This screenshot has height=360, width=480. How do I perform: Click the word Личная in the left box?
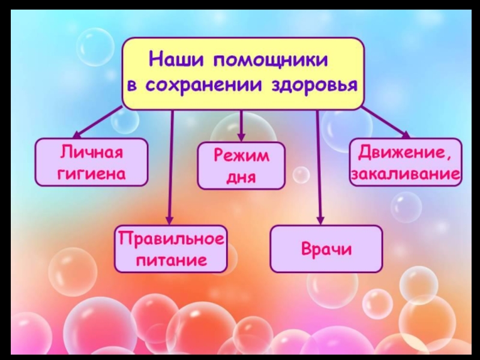click(x=91, y=152)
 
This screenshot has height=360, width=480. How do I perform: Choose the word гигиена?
click(x=91, y=173)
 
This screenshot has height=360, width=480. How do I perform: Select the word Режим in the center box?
click(x=242, y=156)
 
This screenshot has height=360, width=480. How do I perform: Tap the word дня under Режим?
click(x=241, y=177)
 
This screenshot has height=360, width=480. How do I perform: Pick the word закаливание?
click(x=406, y=175)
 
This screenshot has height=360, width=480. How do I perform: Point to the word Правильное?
click(x=170, y=239)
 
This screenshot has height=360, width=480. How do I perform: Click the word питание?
click(x=171, y=260)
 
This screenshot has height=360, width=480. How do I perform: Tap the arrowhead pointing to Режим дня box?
click(x=241, y=136)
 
